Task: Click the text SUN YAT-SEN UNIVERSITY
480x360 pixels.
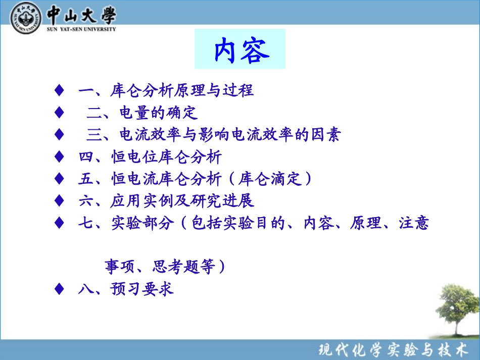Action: pos(81,29)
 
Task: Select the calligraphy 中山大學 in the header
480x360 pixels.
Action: pos(81,14)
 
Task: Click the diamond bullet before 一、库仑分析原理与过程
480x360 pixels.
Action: pos(59,90)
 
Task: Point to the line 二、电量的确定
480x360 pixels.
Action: pos(142,112)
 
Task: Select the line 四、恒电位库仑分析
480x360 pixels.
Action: pos(150,157)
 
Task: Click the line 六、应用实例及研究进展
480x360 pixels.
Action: pos(166,201)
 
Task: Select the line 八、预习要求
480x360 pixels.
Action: pos(126,288)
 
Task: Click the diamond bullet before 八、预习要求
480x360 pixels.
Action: pos(59,288)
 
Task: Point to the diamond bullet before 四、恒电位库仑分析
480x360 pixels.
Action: pos(59,157)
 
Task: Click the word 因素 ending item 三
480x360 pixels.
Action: pos(326,135)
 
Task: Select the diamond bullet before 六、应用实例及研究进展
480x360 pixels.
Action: pos(59,201)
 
